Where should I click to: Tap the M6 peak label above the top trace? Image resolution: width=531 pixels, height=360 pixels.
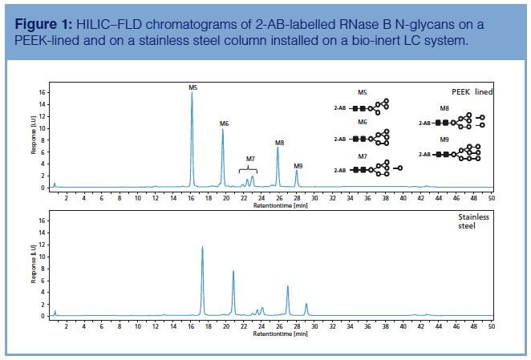tap(224, 123)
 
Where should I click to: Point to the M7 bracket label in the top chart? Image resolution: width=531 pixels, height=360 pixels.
tap(250, 159)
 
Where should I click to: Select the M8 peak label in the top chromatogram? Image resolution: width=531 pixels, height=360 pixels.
tap(279, 142)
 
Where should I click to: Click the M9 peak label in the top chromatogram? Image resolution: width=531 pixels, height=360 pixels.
tap(298, 165)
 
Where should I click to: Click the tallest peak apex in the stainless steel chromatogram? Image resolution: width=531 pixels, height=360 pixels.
tap(202, 247)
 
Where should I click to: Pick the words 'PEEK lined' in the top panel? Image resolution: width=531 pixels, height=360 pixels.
tap(470, 92)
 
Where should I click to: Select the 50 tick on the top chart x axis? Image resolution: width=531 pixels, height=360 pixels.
tap(492, 197)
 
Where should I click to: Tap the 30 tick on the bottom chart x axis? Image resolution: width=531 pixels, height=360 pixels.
tap(314, 326)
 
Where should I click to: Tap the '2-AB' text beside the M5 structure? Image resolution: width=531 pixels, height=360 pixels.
tap(341, 106)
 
